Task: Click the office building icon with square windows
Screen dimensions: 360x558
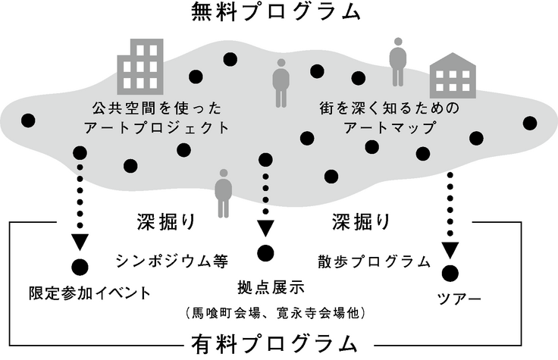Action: point(141,65)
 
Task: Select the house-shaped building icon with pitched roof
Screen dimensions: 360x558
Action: point(453,77)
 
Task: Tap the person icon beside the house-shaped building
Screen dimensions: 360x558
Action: point(397,61)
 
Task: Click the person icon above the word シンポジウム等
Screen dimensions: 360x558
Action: point(224,193)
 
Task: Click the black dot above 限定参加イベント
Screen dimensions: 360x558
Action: point(80,266)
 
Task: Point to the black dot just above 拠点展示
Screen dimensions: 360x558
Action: point(265,253)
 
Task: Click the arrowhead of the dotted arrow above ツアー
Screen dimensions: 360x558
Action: point(451,249)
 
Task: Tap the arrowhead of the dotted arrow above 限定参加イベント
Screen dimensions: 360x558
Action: point(80,243)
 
